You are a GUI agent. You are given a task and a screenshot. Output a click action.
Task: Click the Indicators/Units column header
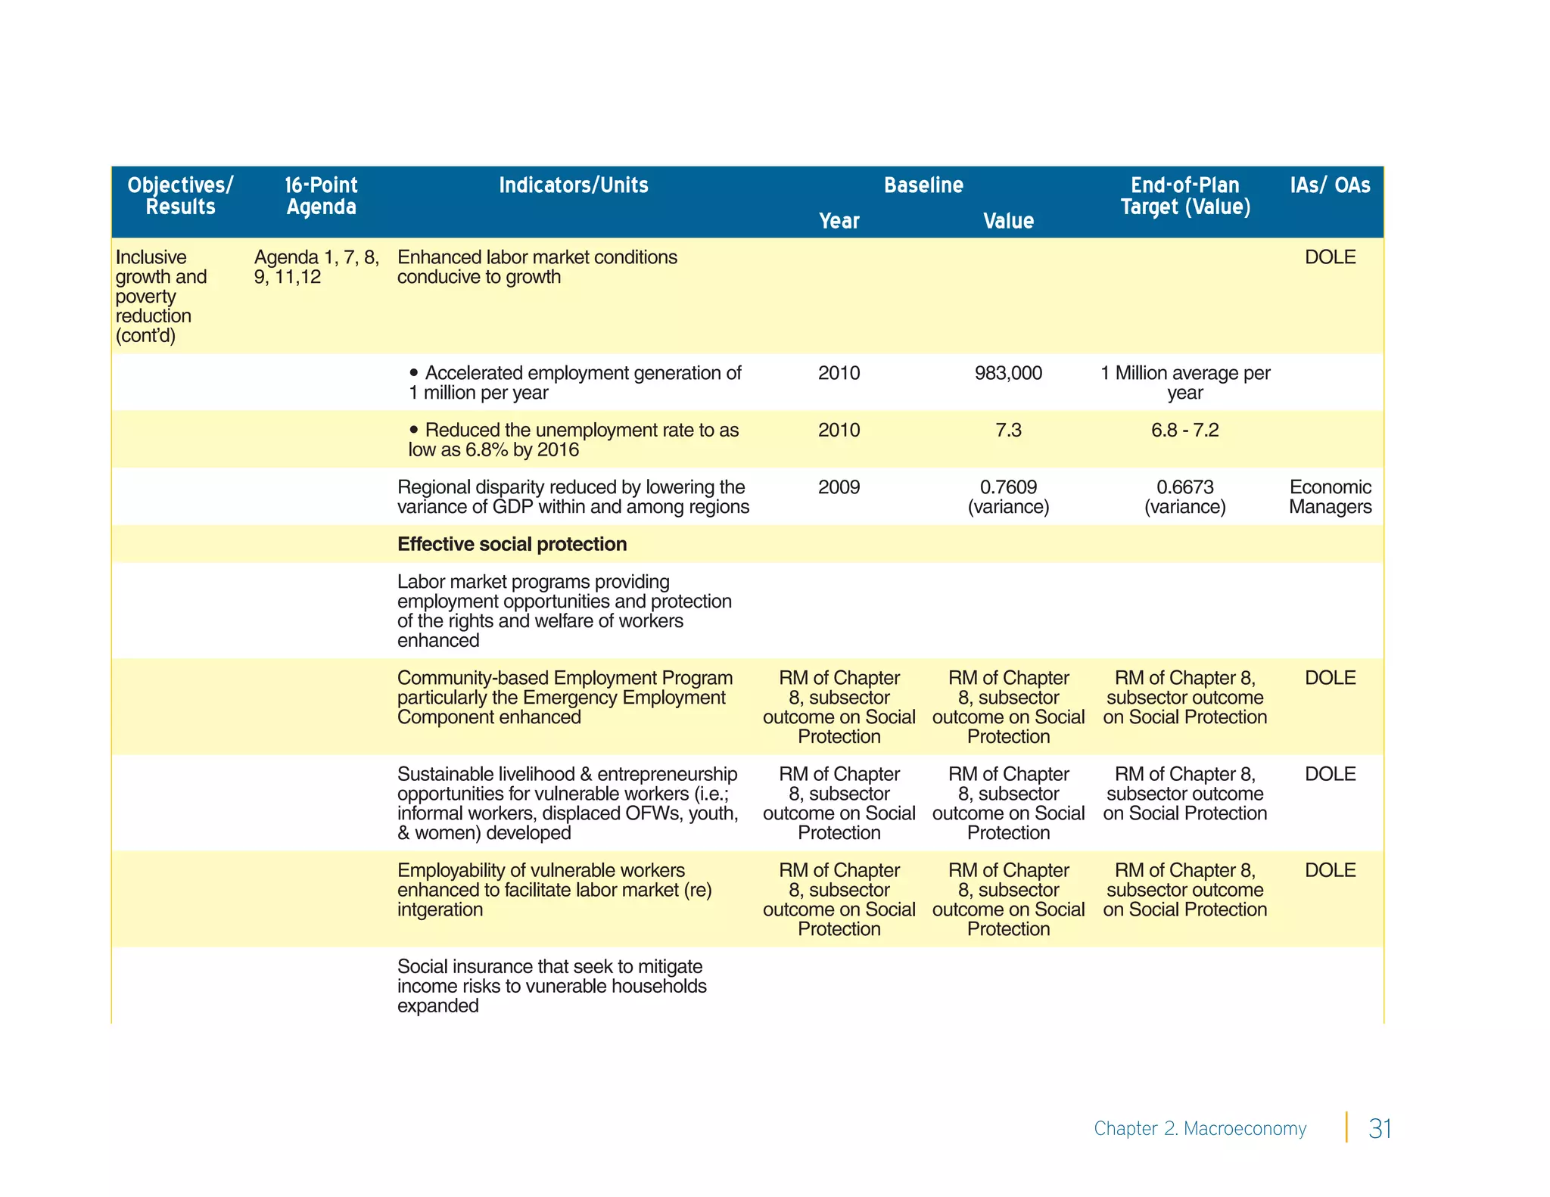[573, 185]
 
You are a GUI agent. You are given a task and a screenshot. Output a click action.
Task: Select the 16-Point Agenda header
[321, 196]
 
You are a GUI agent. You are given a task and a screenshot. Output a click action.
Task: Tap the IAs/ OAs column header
[1330, 185]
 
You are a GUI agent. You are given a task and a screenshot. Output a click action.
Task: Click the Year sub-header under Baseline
[839, 221]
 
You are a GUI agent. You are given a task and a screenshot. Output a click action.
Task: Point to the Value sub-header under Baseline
[1008, 221]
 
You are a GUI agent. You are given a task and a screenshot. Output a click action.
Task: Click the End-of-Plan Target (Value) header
[1184, 196]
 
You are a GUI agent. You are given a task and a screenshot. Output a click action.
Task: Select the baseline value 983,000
[1008, 373]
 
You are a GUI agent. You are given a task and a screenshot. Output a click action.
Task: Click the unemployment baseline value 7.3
[1008, 430]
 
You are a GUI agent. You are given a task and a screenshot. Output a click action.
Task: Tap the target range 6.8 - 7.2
[1184, 430]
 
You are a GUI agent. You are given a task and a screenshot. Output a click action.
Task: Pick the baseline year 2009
[839, 487]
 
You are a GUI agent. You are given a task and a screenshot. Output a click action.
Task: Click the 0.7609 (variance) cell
[1008, 496]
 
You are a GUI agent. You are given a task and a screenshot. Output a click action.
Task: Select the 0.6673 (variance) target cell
[1184, 496]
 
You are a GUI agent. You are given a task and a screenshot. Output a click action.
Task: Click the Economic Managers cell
[1330, 496]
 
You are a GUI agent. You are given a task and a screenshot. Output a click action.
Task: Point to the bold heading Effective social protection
[512, 544]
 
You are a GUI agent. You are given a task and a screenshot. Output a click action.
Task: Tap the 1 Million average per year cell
[1184, 383]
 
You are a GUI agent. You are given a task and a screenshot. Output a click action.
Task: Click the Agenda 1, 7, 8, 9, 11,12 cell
[316, 267]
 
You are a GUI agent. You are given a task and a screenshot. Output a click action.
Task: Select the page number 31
[1380, 1128]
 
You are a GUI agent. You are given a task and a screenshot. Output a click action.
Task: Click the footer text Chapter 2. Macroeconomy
[1200, 1128]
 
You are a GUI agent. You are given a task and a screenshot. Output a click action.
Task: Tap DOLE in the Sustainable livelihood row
[1330, 774]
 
